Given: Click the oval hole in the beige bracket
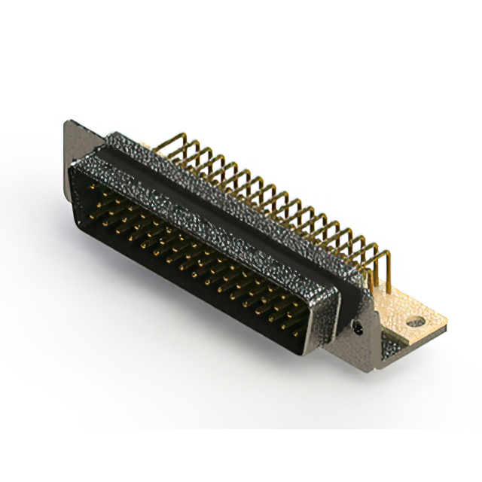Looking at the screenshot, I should click(x=415, y=322).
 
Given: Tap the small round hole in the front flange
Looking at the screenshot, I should click(x=358, y=328).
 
